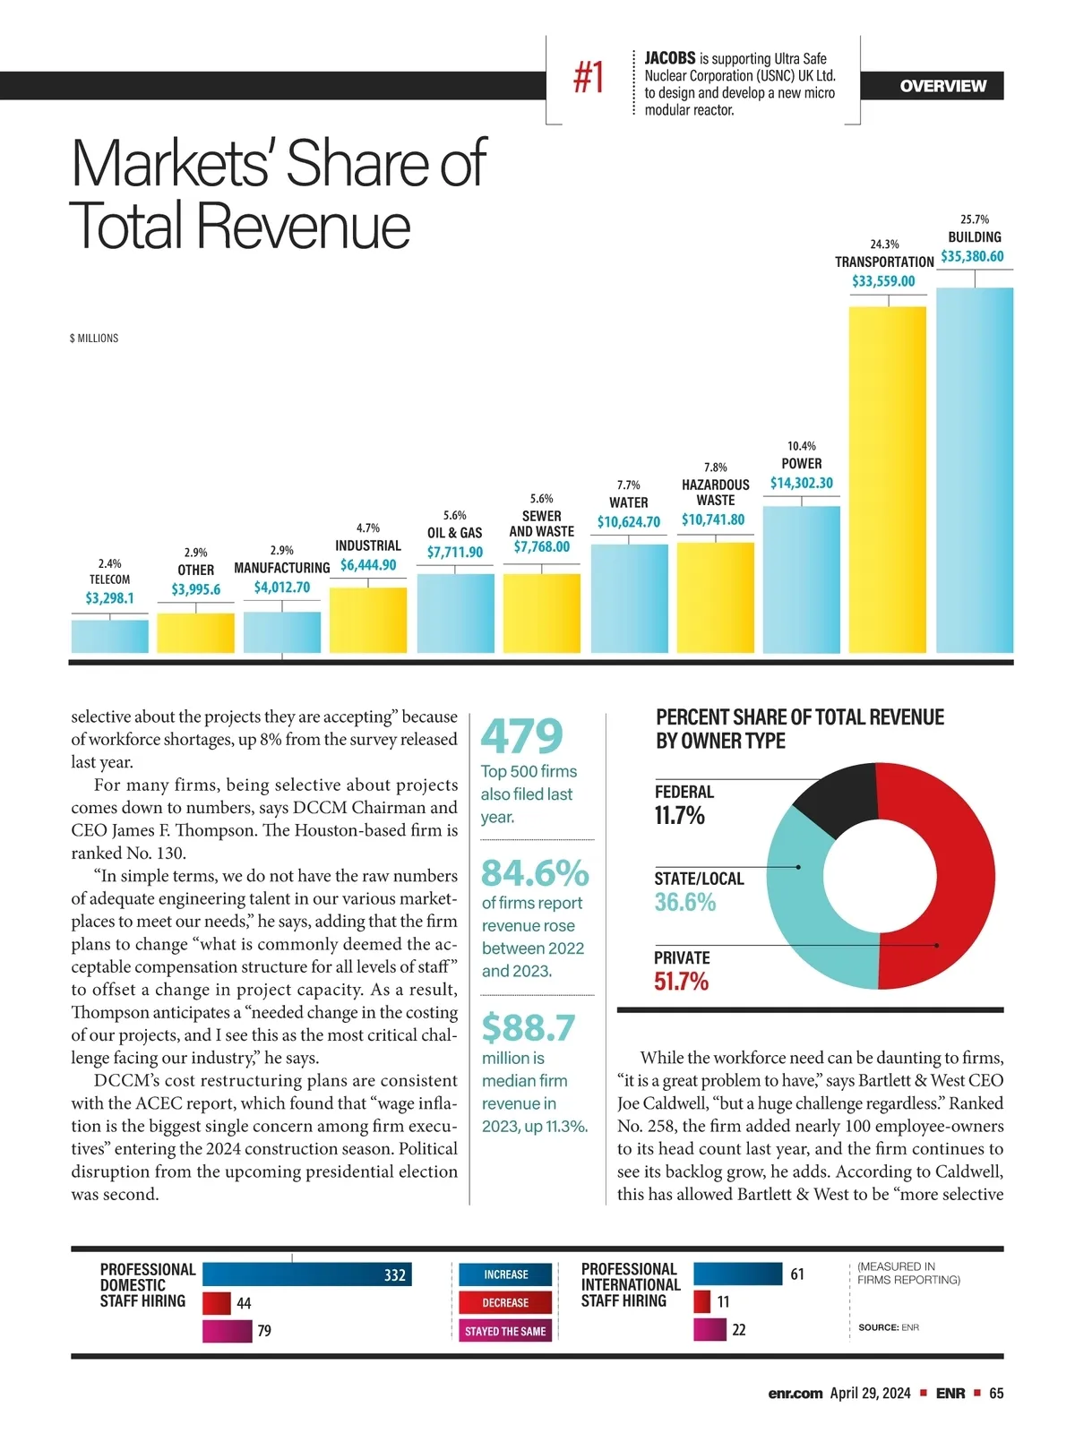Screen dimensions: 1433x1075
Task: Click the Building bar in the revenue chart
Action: pyautogui.click(x=975, y=470)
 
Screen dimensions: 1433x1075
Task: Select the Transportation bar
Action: pyautogui.click(x=887, y=479)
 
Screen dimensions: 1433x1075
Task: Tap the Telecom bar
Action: pyautogui.click(x=110, y=636)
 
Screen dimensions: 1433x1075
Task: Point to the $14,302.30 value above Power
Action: pyautogui.click(x=802, y=483)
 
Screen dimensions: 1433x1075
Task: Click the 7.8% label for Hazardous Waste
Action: pyautogui.click(x=716, y=468)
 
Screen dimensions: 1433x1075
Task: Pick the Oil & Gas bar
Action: pyautogui.click(x=455, y=613)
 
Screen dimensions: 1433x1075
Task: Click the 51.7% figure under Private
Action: pyautogui.click(x=681, y=982)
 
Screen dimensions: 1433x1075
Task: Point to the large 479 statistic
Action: pyautogui.click(x=522, y=736)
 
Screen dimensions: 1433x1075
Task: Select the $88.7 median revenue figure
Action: pyautogui.click(x=529, y=1027)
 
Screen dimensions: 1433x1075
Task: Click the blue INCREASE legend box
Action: pyautogui.click(x=506, y=1274)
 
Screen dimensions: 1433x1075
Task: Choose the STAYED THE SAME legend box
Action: pyautogui.click(x=506, y=1331)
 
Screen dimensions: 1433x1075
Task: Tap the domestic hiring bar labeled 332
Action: pyautogui.click(x=306, y=1274)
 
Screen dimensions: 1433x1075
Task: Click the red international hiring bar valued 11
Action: pyautogui.click(x=702, y=1301)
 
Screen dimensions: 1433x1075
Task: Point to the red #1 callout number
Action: pyautogui.click(x=589, y=77)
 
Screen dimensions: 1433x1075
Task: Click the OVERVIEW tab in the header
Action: pyautogui.click(x=942, y=86)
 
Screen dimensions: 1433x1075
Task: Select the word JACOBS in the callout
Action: pyautogui.click(x=670, y=58)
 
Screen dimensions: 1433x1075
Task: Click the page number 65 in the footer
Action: pyautogui.click(x=996, y=1394)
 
